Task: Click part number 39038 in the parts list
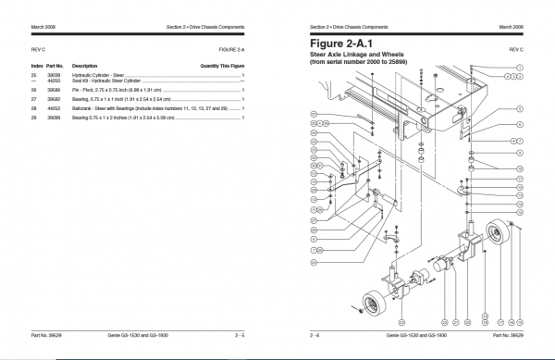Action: pos(55,81)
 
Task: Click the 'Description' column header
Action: pos(85,67)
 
